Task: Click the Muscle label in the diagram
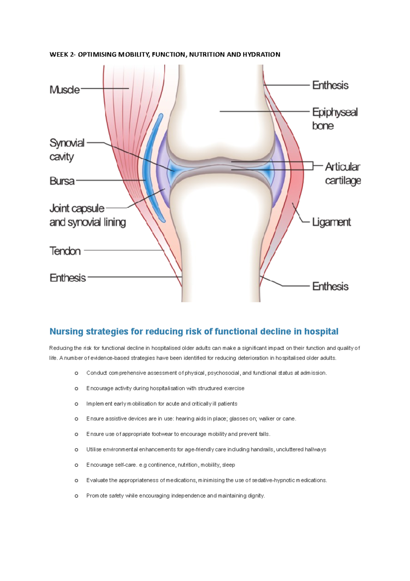(65, 90)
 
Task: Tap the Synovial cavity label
(67, 150)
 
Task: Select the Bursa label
(62, 181)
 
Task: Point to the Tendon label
(65, 251)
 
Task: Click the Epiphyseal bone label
(334, 119)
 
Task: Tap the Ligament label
(331, 222)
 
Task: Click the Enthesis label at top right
(330, 85)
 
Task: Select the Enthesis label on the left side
(68, 278)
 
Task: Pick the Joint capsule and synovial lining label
(87, 215)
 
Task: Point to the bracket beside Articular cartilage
(313, 166)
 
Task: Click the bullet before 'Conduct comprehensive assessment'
(76, 373)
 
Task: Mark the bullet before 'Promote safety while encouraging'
(76, 496)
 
